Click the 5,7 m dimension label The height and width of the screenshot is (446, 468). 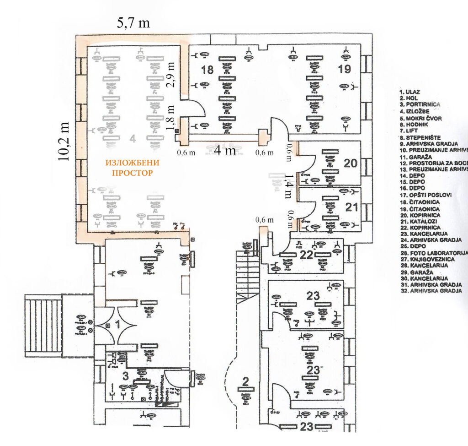click(x=133, y=23)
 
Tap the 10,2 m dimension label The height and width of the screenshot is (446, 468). click(x=64, y=141)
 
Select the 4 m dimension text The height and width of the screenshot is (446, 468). click(x=225, y=150)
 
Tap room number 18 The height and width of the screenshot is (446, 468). click(x=207, y=70)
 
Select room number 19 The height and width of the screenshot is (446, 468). click(x=344, y=69)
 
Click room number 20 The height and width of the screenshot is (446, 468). click(x=351, y=163)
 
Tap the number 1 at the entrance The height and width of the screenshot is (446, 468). click(x=117, y=325)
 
